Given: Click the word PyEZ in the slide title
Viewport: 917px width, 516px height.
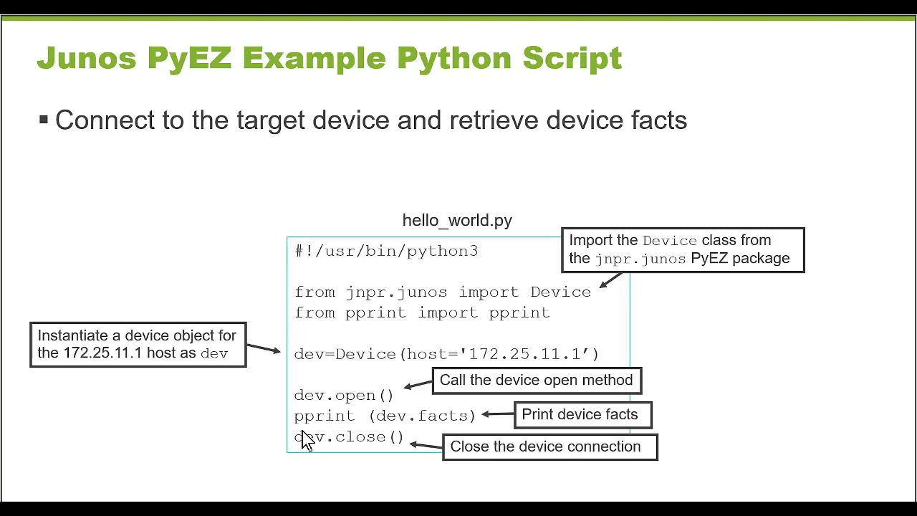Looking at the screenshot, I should (189, 58).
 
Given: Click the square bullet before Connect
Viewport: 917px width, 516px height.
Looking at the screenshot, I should (44, 120).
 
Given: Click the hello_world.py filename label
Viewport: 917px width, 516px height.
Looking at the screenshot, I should (457, 220).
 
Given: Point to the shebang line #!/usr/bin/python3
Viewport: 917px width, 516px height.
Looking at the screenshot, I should (386, 251).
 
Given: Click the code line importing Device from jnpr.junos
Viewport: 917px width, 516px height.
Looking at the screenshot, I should (442, 292).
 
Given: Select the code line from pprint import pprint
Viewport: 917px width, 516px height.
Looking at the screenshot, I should (422, 313).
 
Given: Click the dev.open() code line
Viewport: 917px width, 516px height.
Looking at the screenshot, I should (344, 396).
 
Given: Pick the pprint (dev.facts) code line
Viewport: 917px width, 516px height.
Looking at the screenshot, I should (385, 416).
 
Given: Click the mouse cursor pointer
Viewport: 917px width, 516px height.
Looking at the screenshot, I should (307, 440).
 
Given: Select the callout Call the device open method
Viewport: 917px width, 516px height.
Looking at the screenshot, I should (537, 381).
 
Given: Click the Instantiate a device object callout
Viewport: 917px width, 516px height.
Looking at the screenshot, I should (138, 345).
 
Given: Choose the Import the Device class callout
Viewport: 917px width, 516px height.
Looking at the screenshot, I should (682, 249).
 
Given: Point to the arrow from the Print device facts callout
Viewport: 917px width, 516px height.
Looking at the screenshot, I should (499, 414).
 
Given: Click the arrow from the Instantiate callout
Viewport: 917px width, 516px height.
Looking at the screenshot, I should (264, 348).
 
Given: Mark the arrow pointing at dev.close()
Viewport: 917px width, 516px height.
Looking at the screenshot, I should (426, 445).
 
